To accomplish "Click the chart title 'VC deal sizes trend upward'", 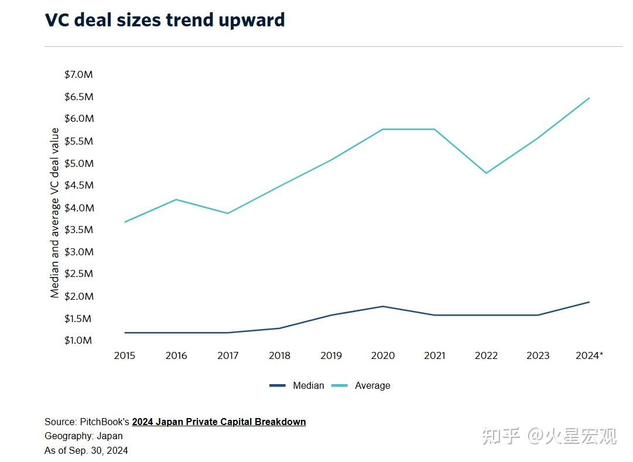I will (165, 20).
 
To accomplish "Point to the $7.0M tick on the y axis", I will (78, 74).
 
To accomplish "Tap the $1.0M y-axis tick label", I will (78, 340).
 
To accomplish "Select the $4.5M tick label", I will (78, 185).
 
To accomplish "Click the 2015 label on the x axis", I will (124, 355).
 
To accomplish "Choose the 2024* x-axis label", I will (588, 355).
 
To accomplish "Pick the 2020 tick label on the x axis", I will (383, 355).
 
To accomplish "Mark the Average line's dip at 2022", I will (486, 173).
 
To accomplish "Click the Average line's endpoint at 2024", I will (589, 98).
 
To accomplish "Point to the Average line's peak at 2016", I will (176, 200).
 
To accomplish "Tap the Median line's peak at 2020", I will (383, 306).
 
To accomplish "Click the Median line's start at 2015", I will (125, 333).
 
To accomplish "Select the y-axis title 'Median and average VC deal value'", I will (55, 213).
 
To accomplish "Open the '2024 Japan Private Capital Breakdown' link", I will (218, 422).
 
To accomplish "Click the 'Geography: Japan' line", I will (84, 436).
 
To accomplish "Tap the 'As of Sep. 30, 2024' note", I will (86, 450).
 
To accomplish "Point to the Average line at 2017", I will (228, 213).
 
